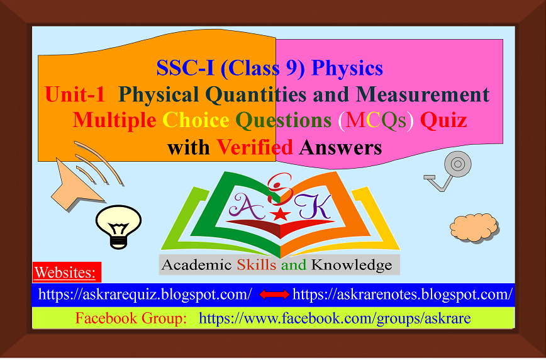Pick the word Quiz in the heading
click(443, 120)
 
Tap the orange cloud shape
click(474, 224)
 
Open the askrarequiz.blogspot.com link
click(145, 295)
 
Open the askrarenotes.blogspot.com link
click(403, 295)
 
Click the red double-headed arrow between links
click(274, 295)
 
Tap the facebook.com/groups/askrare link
click(334, 318)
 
